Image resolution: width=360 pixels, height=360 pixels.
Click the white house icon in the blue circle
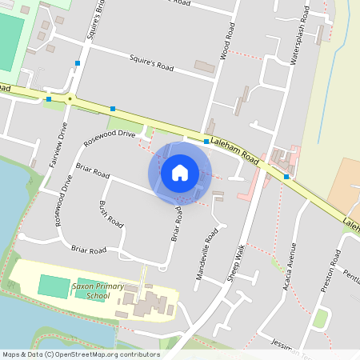pos(180,172)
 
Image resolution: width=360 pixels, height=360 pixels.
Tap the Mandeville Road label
pos(207,254)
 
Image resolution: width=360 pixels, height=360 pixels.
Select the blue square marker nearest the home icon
pos(206,142)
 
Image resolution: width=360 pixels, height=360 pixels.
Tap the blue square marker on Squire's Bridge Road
pos(78,62)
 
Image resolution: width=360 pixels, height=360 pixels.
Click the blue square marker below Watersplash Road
pos(286,176)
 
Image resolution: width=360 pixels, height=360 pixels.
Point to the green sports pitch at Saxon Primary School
pos(54,286)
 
